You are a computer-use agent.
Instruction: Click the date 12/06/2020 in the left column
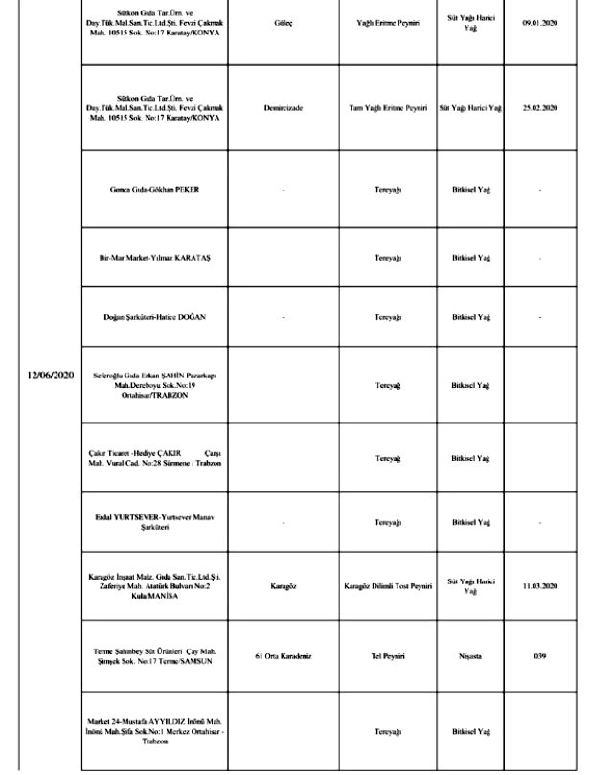pos(51,375)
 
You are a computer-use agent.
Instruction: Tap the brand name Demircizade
pos(284,109)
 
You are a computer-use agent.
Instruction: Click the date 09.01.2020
pos(539,23)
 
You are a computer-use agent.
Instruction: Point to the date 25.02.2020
pos(539,109)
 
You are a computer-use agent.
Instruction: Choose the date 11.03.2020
pos(539,585)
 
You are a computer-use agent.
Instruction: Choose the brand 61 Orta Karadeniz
pos(284,655)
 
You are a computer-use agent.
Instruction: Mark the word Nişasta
pos(470,655)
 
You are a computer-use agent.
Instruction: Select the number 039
pos(539,655)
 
